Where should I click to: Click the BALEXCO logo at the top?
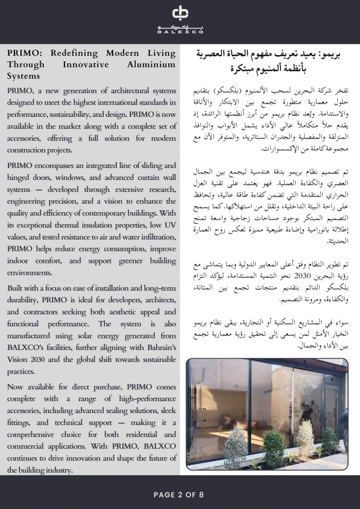coord(180,19)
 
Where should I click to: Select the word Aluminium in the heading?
coord(149,65)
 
